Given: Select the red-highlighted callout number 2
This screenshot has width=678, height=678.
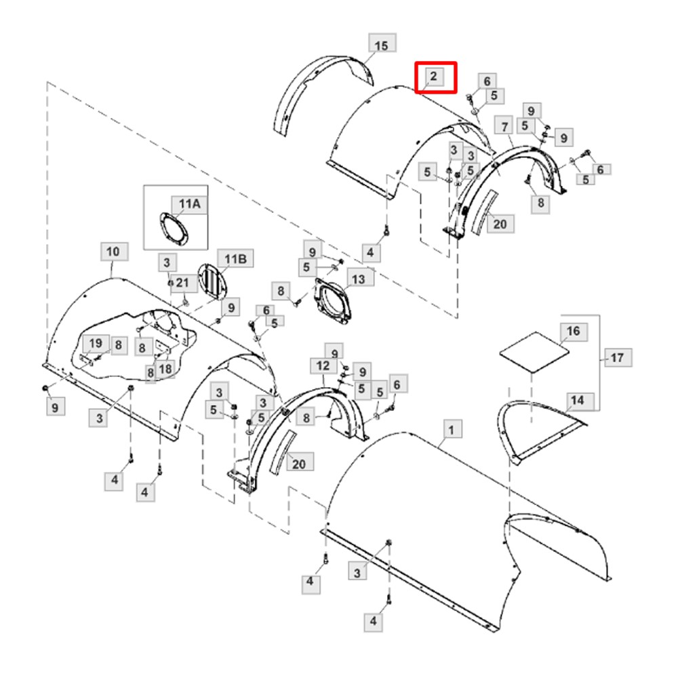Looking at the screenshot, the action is pos(434,77).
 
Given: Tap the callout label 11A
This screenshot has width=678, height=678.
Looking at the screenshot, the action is pos(190,203).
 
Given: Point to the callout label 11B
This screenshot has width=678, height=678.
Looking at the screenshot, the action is pos(235,258).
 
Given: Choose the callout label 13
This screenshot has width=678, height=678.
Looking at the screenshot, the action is pos(359,279).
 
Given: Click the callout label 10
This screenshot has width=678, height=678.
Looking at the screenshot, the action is pos(114,252).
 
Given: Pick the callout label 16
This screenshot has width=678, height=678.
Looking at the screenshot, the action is pos(574,332).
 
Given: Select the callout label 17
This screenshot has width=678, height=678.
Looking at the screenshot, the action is pos(617,357).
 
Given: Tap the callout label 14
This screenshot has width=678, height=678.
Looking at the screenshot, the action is pos(578,401).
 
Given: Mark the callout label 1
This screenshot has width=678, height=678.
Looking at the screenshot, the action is pos(451,429).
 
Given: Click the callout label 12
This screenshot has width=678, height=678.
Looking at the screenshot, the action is pos(323,366).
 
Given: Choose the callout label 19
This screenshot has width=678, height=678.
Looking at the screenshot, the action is pos(96,343).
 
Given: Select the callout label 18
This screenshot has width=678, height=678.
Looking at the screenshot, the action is pos(165,369).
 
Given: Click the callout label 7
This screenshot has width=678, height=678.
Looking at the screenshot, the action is pos(504,126).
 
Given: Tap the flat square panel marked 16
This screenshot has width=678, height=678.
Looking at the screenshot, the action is pos(534,351).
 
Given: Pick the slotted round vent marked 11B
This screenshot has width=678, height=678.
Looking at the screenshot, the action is pos(212,281).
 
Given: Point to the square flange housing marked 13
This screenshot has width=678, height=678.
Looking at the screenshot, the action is pos(333,302).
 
